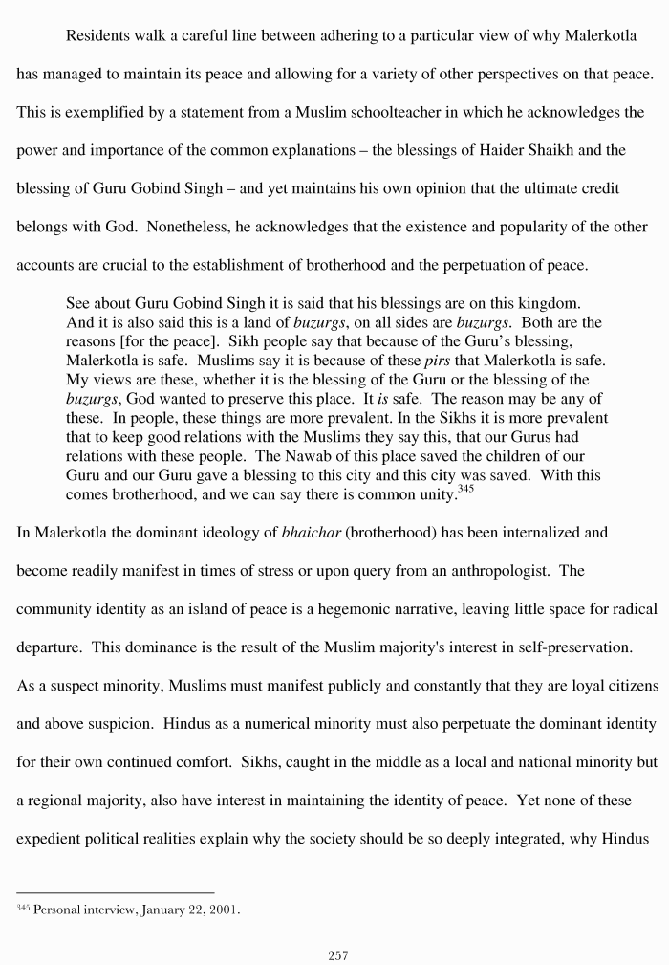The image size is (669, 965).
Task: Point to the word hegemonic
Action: (366, 609)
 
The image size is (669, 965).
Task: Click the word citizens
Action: (622, 686)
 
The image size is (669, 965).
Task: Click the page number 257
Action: (337, 954)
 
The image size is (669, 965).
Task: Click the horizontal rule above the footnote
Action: (115, 892)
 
